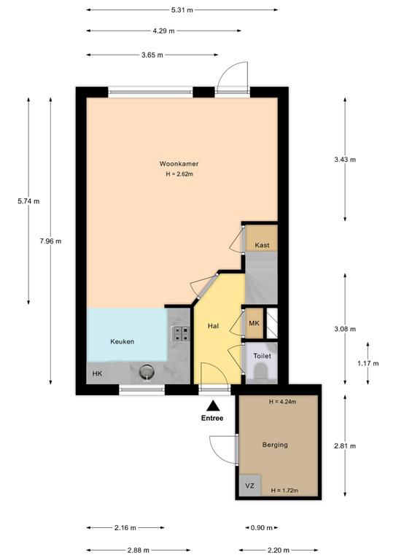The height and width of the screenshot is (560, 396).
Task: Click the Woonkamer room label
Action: pos(179,164)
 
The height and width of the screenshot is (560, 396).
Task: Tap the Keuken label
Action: pos(122,341)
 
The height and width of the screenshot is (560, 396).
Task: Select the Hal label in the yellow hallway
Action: pos(213,326)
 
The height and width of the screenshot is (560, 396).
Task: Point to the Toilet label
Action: pos(262,356)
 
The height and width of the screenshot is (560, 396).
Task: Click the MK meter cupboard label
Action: pos(255,323)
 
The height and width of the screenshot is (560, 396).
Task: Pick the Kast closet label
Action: pos(262,245)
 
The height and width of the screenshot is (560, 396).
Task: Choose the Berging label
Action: pos(275,445)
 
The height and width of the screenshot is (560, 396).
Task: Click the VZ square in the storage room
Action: pos(250,486)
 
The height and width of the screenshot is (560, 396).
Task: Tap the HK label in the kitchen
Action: pos(97,373)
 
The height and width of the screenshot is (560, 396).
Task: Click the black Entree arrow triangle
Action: pos(213,406)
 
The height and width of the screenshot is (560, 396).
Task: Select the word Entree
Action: pos(212,419)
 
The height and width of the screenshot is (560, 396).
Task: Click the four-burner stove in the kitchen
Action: pos(181,333)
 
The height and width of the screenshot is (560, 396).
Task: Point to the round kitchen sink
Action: pos(147,373)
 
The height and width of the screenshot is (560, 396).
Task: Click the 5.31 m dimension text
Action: pos(182,10)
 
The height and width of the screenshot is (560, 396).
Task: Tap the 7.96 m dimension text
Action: pos(50,241)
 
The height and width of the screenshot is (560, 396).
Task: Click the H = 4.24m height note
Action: pos(282,402)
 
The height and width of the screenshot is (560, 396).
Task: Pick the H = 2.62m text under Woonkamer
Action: pos(179,174)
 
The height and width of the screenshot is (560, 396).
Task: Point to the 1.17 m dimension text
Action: pos(368,364)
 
